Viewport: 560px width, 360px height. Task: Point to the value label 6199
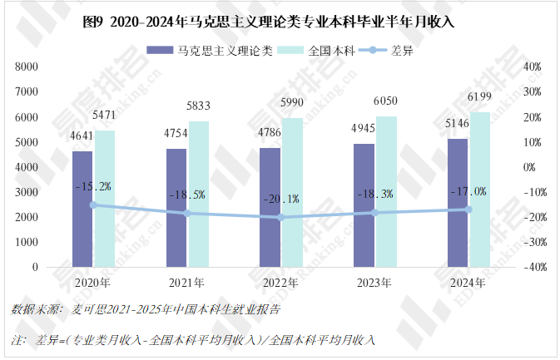pyautogui.click(x=480, y=98)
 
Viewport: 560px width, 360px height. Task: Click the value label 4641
pyautogui.click(x=82, y=136)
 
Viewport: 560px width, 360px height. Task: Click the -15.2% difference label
pyautogui.click(x=93, y=186)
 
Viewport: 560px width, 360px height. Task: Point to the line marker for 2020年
pyautogui.click(x=93, y=205)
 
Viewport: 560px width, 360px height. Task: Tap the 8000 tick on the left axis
pyautogui.click(x=28, y=67)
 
